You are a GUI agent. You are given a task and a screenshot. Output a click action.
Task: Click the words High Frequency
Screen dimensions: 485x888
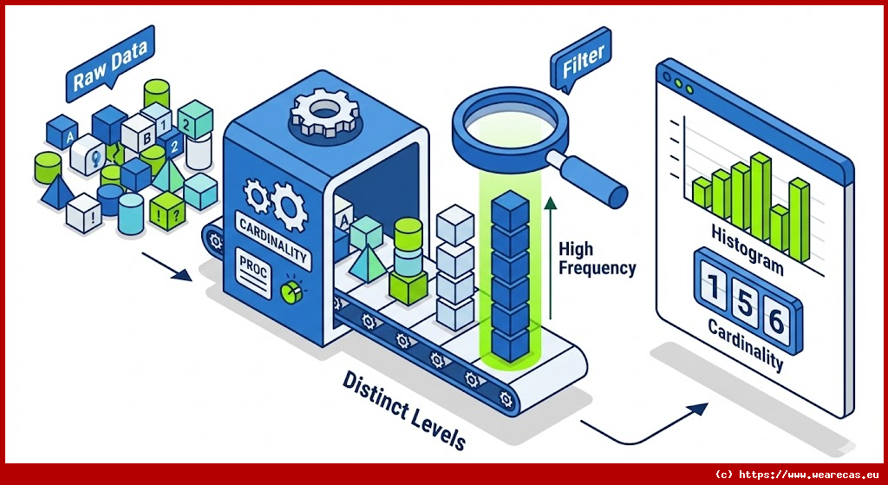597,258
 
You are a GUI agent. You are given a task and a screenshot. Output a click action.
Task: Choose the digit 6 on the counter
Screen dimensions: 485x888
776,320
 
